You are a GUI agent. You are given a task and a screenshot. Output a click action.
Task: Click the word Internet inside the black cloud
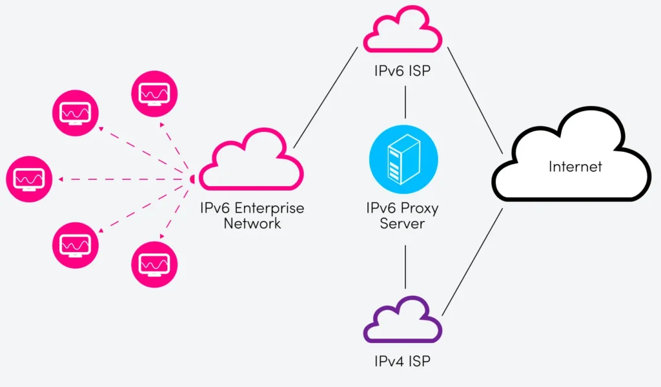pos(575,167)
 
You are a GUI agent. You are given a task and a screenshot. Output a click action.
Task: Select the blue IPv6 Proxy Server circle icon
pos(403,159)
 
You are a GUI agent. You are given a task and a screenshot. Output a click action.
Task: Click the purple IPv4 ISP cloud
pos(403,321)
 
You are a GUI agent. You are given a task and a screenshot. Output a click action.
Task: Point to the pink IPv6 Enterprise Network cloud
pos(251,162)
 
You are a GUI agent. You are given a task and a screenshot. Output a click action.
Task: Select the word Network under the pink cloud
pos(252,224)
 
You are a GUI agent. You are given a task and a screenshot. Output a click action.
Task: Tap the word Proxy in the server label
pos(421,208)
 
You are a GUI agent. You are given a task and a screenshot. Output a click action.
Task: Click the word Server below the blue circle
pos(403,224)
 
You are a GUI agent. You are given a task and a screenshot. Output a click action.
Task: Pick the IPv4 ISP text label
pos(403,361)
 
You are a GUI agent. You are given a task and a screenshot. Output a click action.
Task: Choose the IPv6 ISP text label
pos(403,70)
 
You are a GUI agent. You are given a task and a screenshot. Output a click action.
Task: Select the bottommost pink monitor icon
pos(154,264)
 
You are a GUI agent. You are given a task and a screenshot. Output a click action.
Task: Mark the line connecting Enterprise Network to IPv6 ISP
pos(325,98)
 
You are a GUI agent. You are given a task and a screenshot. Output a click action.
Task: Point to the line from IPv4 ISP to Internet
pos(473,261)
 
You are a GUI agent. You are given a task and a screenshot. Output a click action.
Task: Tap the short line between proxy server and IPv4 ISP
pos(405,266)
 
